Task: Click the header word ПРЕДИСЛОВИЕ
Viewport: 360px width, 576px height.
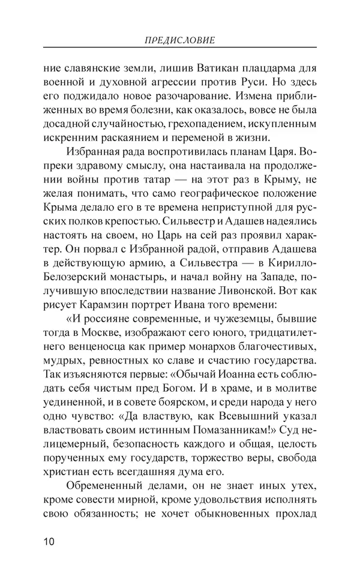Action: tap(180, 40)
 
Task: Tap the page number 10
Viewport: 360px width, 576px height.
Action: tap(49, 542)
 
